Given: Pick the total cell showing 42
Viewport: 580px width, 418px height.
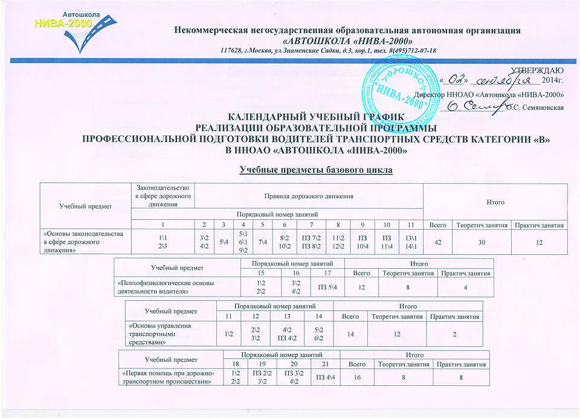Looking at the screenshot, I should pos(438,243).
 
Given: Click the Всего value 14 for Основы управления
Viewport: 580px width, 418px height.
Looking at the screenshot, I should pos(349,333).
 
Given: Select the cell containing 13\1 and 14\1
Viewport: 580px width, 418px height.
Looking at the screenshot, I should pos(411,243).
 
